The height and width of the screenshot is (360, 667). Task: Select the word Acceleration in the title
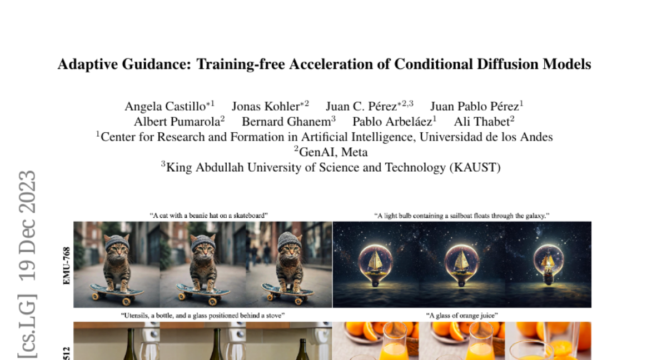coord(331,64)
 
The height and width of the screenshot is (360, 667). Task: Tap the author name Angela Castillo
coord(165,107)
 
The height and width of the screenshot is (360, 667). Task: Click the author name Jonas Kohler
coord(266,107)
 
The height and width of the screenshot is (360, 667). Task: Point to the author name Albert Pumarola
coord(177,122)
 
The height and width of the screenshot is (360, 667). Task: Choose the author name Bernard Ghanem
coord(286,122)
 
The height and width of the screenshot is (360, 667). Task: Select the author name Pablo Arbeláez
coord(392,122)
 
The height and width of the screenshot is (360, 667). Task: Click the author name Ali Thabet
coord(481,122)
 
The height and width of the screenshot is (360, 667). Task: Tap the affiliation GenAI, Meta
coord(333,152)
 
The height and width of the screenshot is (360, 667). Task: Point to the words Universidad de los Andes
coord(486,137)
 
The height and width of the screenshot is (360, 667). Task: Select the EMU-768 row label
coord(67,266)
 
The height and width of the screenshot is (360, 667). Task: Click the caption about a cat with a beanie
coord(208,216)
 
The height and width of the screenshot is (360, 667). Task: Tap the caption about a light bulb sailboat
coord(461,216)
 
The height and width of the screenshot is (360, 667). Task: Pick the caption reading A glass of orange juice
coord(461,316)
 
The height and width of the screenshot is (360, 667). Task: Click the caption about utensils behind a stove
coord(202,316)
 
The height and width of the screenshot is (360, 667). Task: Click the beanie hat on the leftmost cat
coord(117,242)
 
